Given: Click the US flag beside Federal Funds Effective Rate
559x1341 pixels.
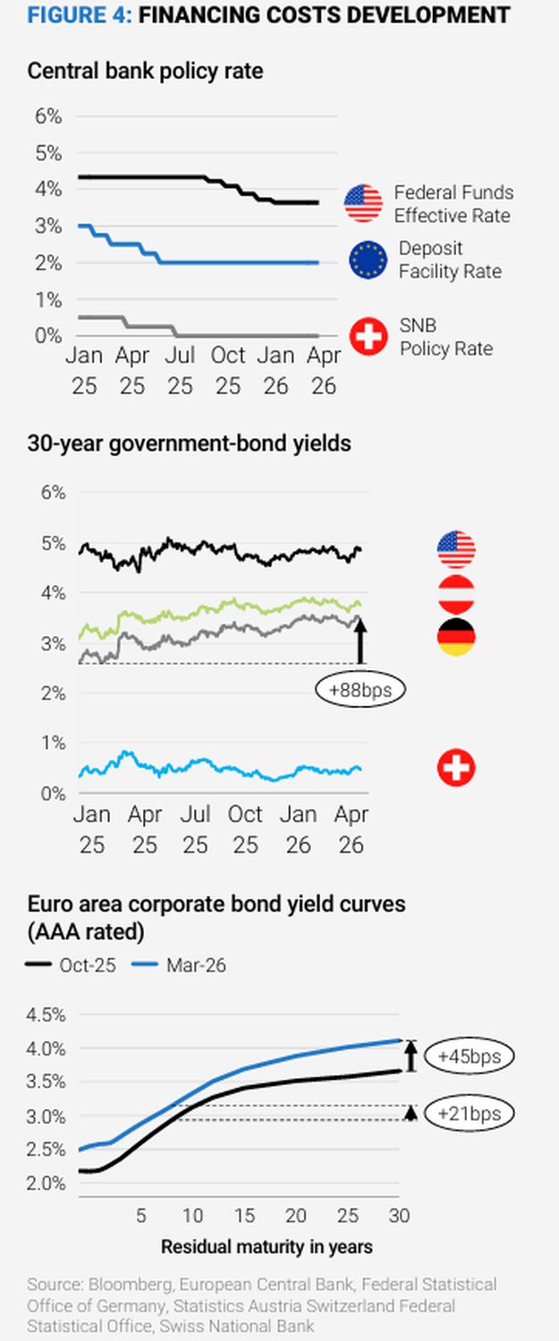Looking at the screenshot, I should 363,203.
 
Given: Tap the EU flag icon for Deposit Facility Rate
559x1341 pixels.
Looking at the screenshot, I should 368,260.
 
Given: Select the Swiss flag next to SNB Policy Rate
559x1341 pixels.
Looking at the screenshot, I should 368,337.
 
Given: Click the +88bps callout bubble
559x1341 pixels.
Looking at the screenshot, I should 360,690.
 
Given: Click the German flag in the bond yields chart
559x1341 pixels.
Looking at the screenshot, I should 455,637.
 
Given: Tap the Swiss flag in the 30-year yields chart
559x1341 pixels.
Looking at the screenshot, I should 455,768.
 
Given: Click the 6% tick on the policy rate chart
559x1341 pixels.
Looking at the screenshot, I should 48,116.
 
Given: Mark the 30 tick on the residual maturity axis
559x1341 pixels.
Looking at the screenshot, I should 399,1216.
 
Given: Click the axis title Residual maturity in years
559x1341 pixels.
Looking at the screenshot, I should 267,1246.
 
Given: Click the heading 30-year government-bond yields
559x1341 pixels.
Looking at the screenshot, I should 189,443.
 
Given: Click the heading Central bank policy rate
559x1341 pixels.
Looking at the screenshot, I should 145,71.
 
